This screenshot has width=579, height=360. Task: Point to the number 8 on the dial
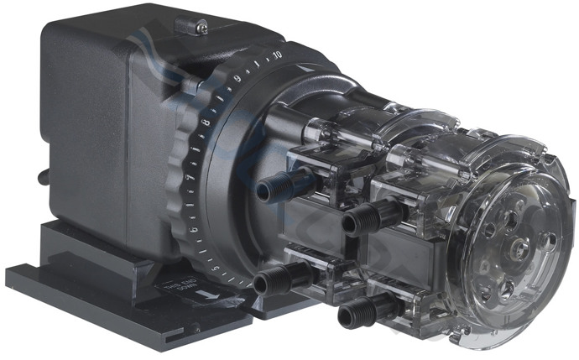[206, 123]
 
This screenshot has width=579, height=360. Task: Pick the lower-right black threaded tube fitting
[353, 315]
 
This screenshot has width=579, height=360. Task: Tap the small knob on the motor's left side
[41, 175]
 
